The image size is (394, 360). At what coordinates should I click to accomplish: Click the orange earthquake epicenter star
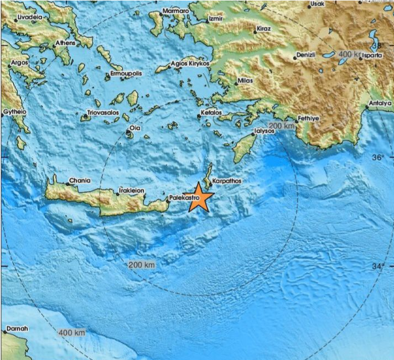click(200, 200)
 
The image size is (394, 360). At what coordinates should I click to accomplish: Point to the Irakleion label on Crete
click(131, 190)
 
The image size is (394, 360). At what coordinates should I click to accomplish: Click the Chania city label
click(79, 180)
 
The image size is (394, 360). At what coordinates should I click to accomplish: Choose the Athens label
click(65, 43)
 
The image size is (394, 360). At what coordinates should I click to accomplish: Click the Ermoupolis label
click(127, 73)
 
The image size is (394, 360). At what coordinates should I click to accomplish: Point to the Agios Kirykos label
click(190, 64)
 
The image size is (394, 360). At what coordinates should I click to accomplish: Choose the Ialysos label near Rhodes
click(264, 132)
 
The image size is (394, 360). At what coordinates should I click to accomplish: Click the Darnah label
click(17, 328)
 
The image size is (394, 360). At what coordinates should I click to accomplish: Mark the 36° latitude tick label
click(379, 158)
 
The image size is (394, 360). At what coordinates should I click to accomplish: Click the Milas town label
click(245, 81)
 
